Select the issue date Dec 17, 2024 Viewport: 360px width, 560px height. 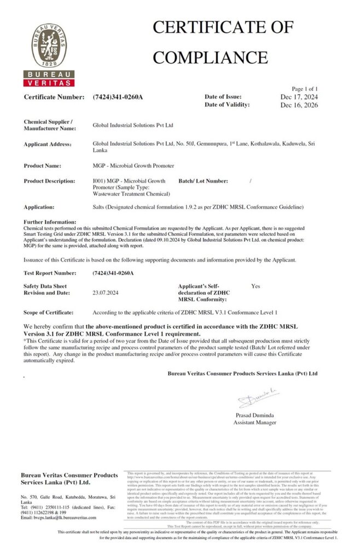[299, 97]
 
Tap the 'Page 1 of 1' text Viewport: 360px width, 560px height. [305, 89]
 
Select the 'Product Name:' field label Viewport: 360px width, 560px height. [43, 165]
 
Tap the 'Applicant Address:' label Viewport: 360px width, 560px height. [48, 144]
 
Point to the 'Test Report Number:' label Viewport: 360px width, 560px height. [50, 272]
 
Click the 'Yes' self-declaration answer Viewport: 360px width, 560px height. [256, 286]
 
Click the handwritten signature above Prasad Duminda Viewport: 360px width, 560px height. [253, 398]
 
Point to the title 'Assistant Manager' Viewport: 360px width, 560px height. [254, 423]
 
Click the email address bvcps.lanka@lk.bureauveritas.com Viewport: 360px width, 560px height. [62, 517]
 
